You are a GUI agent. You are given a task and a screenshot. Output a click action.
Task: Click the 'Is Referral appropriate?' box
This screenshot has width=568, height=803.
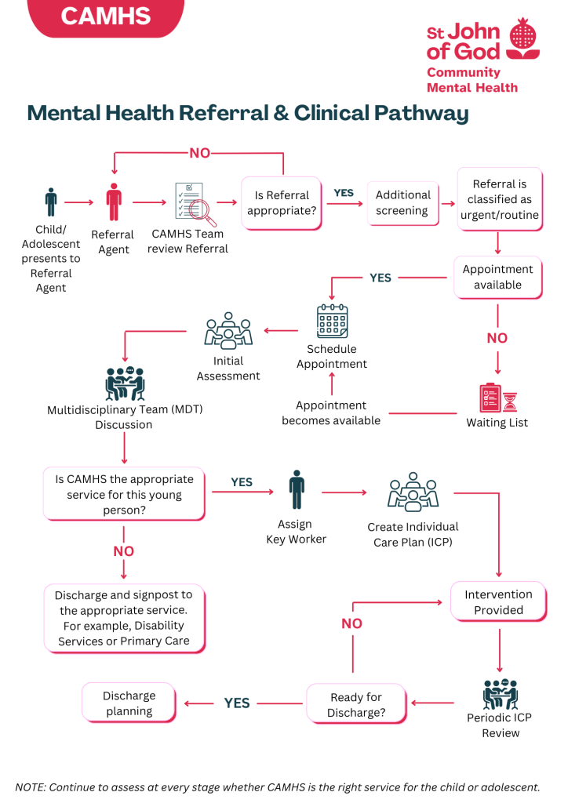(x=282, y=203)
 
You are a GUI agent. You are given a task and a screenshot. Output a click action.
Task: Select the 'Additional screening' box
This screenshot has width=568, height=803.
(x=402, y=203)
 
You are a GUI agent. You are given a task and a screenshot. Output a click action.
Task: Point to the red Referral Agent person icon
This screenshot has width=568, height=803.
(x=115, y=202)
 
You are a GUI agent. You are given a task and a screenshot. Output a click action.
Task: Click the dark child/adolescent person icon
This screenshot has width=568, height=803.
(x=51, y=202)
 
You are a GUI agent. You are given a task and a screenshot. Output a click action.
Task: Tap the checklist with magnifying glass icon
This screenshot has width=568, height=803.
(x=191, y=203)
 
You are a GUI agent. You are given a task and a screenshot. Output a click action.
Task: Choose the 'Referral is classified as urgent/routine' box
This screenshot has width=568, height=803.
(x=499, y=199)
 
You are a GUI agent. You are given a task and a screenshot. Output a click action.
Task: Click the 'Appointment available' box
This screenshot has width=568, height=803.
(x=497, y=277)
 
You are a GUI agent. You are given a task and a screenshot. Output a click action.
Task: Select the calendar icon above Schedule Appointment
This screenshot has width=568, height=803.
(x=332, y=322)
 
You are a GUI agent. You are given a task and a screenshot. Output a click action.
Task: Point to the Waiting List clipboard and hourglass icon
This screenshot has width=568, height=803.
(x=498, y=398)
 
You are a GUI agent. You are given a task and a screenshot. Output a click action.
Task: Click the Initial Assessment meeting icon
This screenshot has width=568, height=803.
(x=228, y=331)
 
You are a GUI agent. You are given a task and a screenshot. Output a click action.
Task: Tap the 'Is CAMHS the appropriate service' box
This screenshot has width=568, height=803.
(x=124, y=494)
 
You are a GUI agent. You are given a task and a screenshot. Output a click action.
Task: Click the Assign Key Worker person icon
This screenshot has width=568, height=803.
(x=296, y=490)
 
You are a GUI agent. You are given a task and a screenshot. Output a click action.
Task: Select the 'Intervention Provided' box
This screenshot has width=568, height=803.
(x=498, y=602)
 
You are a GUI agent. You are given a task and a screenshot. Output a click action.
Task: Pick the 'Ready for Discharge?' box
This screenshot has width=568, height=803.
(x=356, y=704)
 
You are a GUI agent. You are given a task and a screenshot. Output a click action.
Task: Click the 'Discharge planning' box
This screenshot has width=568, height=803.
(x=129, y=703)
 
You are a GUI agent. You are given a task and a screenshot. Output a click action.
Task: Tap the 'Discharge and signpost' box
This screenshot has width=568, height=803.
(x=124, y=617)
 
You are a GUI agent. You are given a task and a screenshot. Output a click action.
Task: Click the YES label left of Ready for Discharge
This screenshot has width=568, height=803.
(x=236, y=703)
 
